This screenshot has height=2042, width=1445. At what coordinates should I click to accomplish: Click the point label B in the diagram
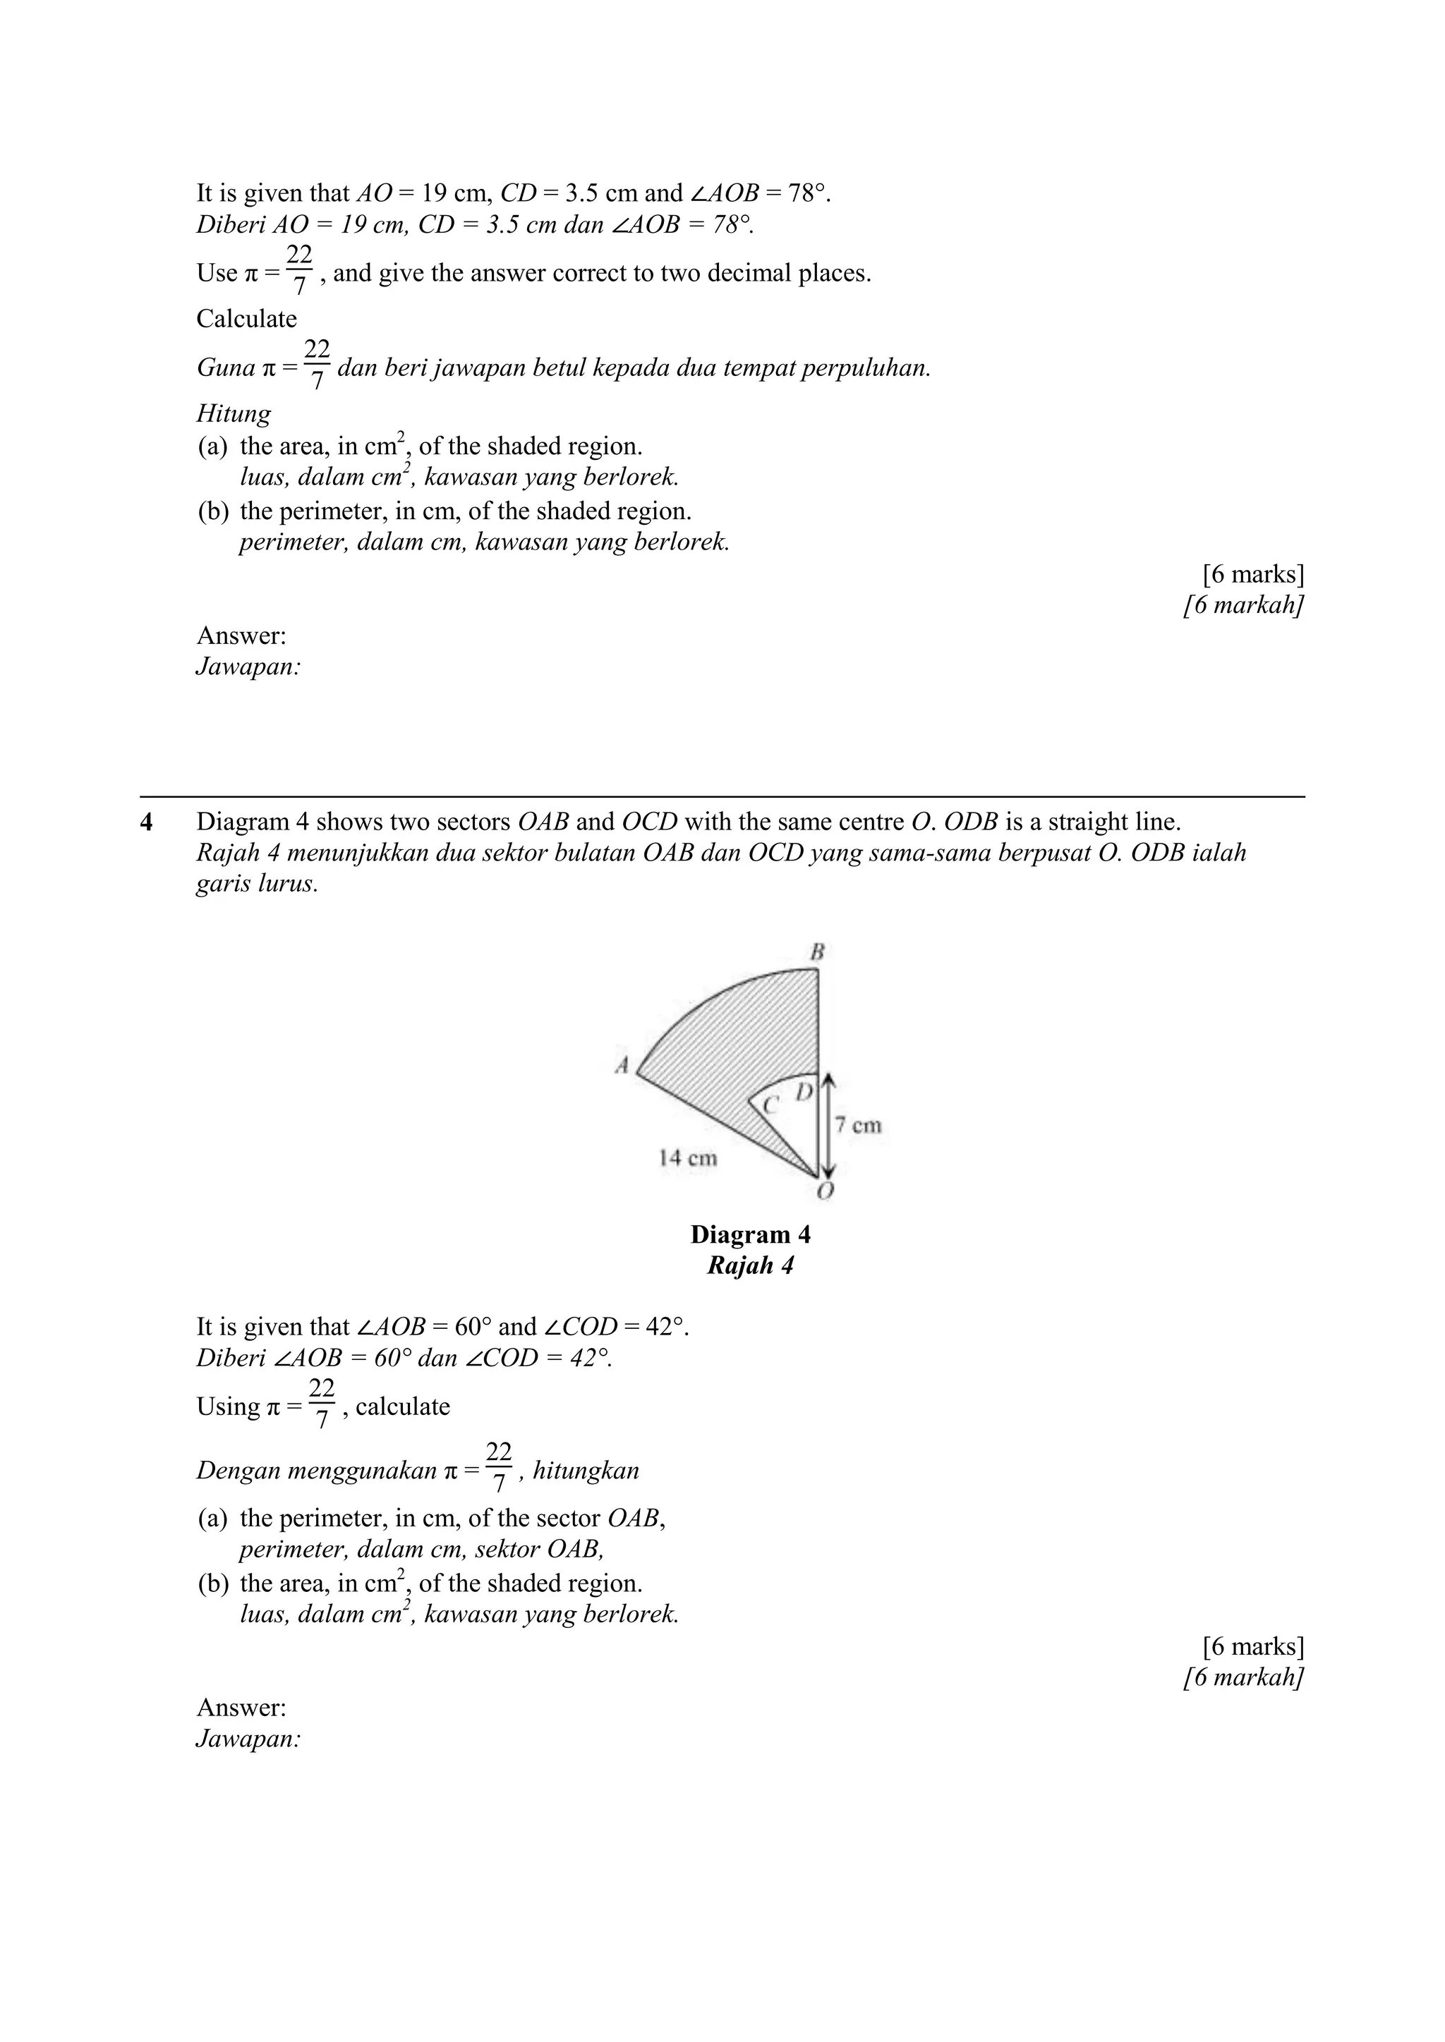click(817, 952)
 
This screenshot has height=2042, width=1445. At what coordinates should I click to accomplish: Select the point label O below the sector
click(825, 1191)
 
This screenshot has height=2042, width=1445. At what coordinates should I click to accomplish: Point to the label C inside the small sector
click(770, 1105)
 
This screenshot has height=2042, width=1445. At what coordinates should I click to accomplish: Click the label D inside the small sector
click(804, 1091)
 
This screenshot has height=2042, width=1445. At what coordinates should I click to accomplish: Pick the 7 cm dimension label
click(859, 1125)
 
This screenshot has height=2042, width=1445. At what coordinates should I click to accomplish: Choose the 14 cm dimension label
click(688, 1158)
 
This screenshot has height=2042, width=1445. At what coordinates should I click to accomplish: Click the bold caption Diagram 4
click(750, 1234)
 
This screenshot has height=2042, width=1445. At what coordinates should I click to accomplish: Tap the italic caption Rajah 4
click(750, 1265)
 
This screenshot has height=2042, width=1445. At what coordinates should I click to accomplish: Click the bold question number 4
click(146, 822)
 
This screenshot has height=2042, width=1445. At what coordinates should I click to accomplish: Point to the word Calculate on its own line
click(246, 318)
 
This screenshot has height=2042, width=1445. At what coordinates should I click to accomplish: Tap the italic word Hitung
click(233, 413)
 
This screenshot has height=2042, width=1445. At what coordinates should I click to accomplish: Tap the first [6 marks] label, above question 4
click(1253, 575)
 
